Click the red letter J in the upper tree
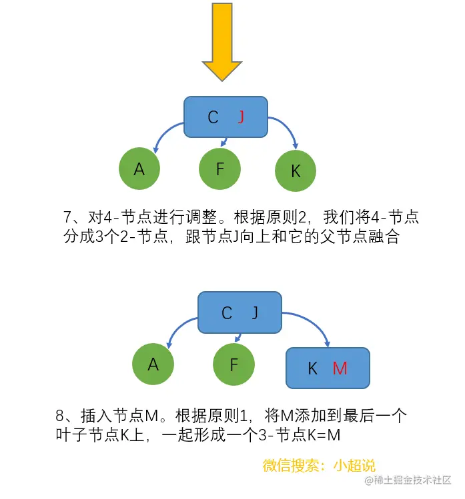[241, 117]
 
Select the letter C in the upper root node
[213, 117]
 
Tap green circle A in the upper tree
[139, 169]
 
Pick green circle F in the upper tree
[219, 169]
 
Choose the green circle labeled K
[296, 171]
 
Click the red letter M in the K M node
[340, 368]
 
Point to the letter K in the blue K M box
[312, 368]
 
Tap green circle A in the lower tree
[153, 364]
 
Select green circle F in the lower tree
[234, 364]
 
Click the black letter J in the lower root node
[254, 313]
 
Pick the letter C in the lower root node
[227, 313]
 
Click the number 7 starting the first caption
[67, 217]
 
